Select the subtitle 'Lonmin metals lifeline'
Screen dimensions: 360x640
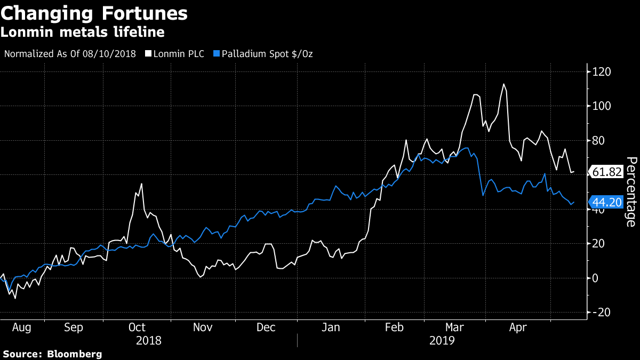(x=82, y=33)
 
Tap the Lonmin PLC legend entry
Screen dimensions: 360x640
(x=178, y=54)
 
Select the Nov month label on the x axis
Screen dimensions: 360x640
(x=202, y=327)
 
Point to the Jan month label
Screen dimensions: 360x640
(x=331, y=327)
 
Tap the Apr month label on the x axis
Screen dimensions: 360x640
(x=518, y=327)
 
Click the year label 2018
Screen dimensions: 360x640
(x=149, y=340)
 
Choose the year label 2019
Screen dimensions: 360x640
(x=441, y=340)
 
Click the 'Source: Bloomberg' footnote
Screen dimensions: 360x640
(x=52, y=354)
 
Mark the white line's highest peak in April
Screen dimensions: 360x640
(x=503, y=84)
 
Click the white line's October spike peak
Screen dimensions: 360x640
(x=141, y=184)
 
